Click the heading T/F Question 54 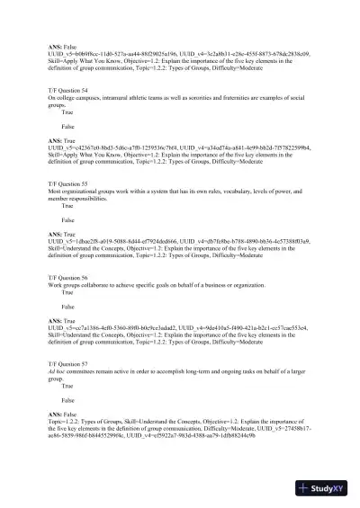tap(68, 91)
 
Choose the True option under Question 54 tap(67, 112)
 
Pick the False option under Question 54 tap(67, 128)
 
